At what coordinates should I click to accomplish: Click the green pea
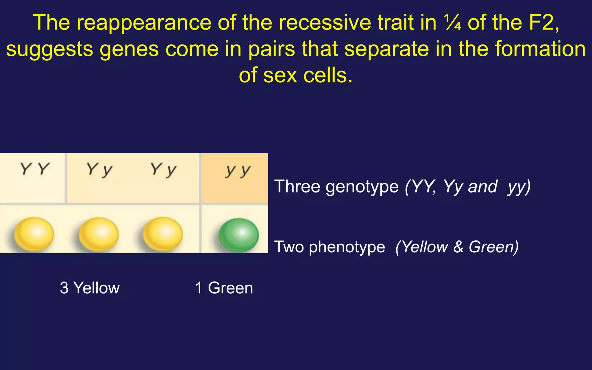pos(238,235)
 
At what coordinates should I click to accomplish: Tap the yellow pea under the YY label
pos(34,234)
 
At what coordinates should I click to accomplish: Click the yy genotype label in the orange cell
pos(238,171)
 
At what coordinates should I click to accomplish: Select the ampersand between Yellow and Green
pos(458,247)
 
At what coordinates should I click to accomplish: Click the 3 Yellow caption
pos(90,288)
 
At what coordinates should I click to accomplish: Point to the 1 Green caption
pos(224,288)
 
